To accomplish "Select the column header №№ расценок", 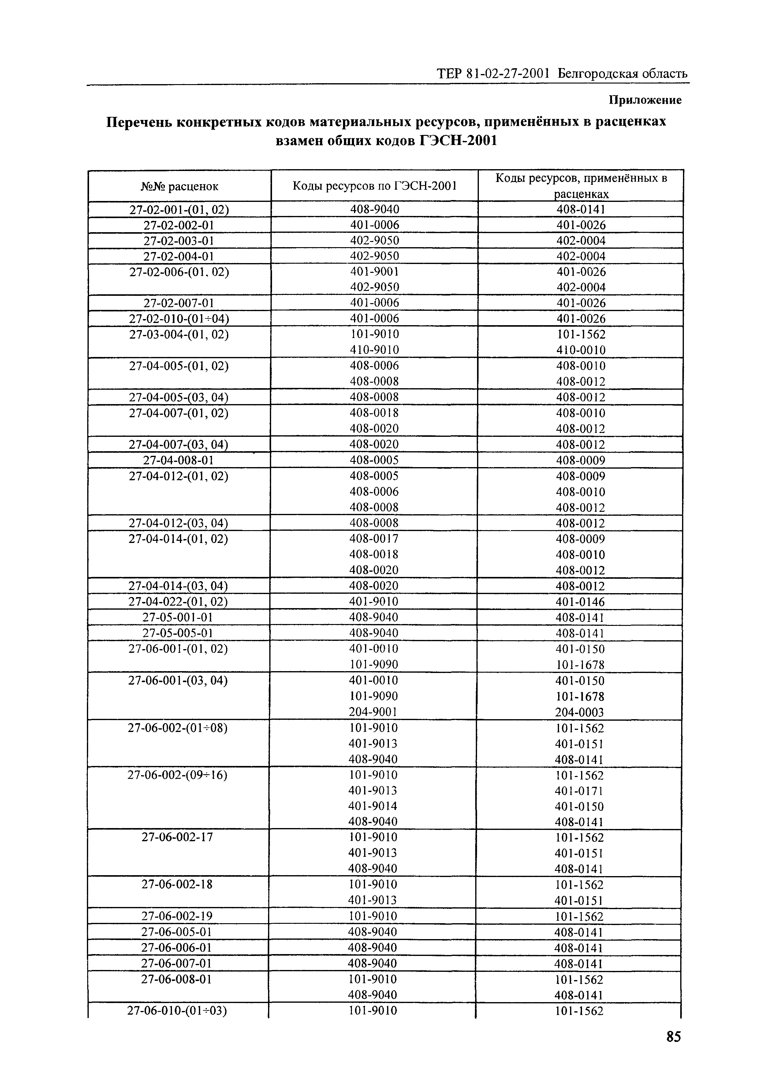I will coord(180,186).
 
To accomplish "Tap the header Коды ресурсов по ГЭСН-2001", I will coord(375,186).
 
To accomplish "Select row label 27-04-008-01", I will coord(178,460).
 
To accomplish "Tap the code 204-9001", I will coord(373,712).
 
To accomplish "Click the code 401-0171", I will coord(579,791).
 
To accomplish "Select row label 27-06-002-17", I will coord(177,837).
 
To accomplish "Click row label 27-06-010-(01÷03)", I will coord(177,1011).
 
